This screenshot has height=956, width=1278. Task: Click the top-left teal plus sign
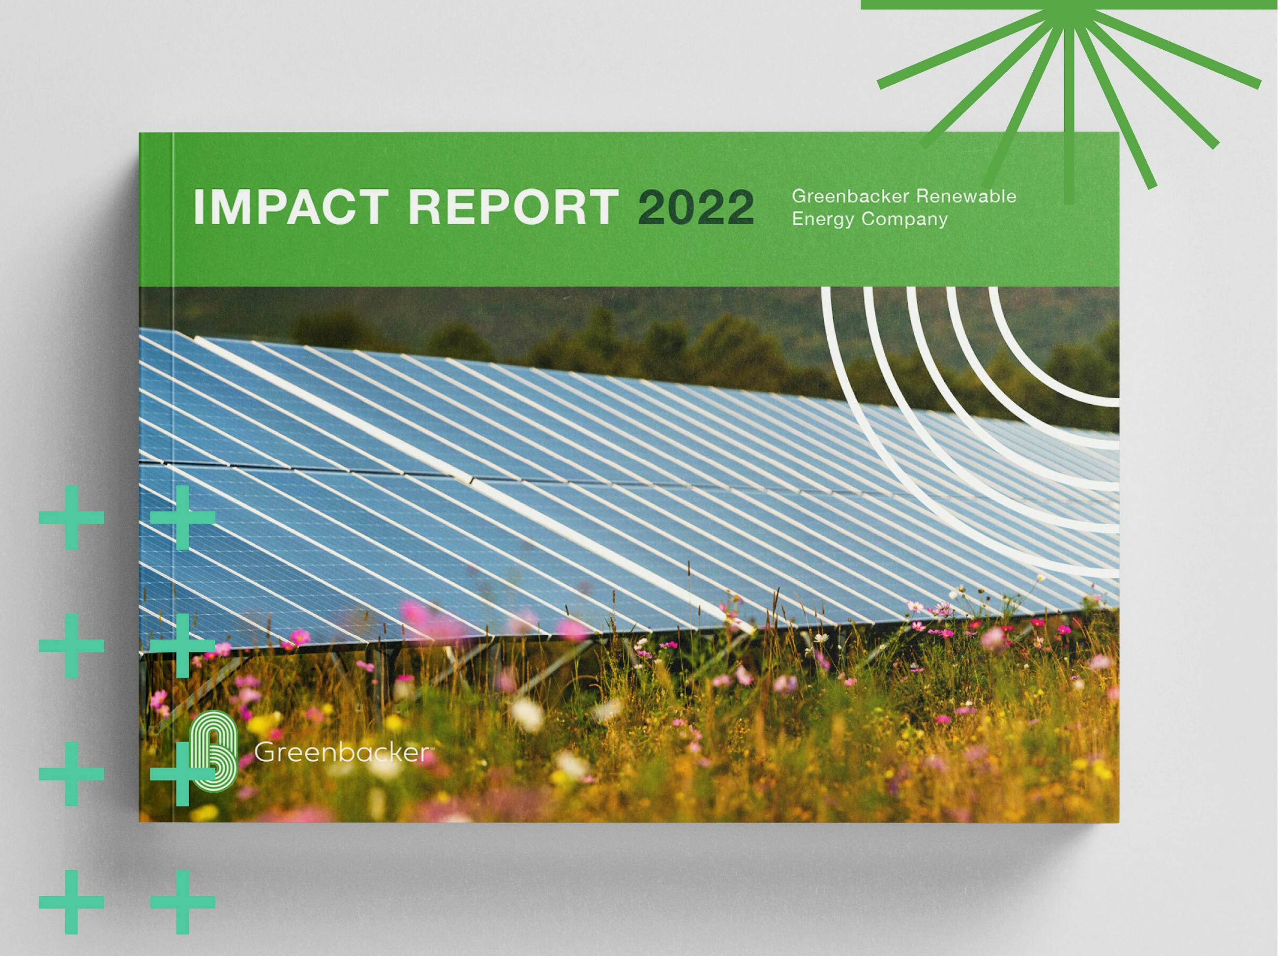72,517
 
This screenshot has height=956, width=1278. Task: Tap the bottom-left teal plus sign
72,902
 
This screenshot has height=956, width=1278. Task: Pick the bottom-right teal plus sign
182,902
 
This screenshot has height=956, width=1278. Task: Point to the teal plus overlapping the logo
182,774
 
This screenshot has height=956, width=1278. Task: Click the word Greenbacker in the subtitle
850,197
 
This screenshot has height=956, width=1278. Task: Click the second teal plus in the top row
182,517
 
